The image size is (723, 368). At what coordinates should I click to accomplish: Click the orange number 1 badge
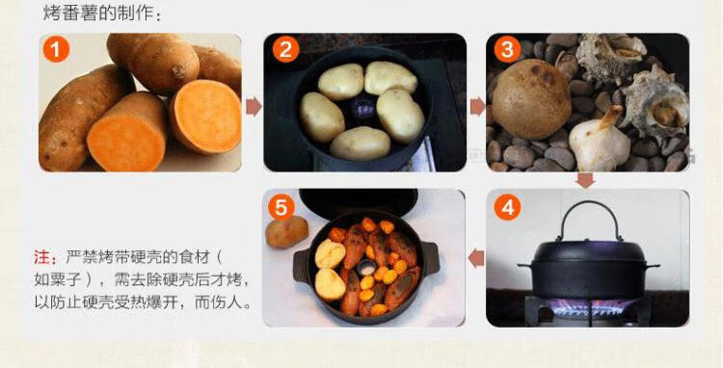click(56, 49)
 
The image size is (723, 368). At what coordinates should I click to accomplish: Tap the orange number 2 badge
click(286, 49)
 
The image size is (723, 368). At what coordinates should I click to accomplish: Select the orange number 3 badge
click(507, 49)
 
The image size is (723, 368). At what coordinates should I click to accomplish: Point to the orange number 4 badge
click(507, 208)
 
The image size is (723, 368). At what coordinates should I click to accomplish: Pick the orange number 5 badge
click(281, 207)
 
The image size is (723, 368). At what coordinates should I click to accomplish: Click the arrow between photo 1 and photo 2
click(254, 107)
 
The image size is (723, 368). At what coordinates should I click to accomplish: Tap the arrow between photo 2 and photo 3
click(478, 107)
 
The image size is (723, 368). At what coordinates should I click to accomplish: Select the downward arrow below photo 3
click(585, 180)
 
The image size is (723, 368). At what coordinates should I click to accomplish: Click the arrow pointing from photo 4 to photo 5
click(476, 258)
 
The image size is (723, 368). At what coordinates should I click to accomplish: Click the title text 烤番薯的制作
click(98, 13)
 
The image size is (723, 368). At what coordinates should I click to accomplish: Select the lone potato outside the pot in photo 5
click(286, 231)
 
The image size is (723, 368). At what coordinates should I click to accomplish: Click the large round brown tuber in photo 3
click(531, 99)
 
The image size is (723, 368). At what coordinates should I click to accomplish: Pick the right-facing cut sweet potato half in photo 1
click(205, 117)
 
